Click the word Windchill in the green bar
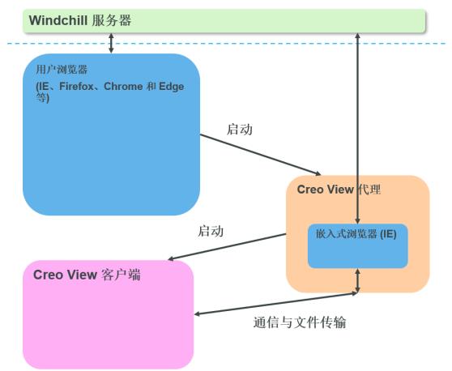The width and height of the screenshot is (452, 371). [58, 20]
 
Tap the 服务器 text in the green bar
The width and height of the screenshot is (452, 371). [112, 20]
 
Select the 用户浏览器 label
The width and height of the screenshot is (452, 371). [62, 70]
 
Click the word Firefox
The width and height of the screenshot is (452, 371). [76, 86]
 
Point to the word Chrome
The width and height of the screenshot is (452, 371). [123, 86]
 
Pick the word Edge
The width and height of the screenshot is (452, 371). [171, 87]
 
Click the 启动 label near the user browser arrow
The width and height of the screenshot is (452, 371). [240, 129]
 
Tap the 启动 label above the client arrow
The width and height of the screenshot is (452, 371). [211, 231]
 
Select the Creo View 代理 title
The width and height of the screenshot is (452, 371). [339, 190]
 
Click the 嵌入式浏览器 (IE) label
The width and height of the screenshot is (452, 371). [356, 234]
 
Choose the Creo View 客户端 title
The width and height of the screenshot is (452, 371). [87, 275]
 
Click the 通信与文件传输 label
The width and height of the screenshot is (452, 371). [300, 322]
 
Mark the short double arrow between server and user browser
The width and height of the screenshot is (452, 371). [111, 43]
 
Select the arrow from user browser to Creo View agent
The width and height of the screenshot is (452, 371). [260, 155]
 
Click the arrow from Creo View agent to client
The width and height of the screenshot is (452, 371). [227, 247]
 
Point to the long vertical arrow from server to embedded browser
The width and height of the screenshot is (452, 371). [357, 128]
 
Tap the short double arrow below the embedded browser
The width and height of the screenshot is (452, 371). [357, 281]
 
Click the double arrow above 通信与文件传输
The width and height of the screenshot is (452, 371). [276, 304]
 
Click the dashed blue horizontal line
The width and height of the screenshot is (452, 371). [226, 44]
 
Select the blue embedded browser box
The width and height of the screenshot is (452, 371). [358, 246]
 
